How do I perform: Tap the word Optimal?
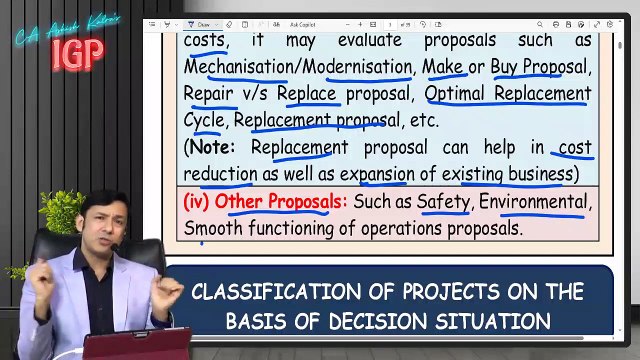point(461,94)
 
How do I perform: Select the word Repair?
point(209,94)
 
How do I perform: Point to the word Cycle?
point(204,121)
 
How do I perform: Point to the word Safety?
point(443,201)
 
